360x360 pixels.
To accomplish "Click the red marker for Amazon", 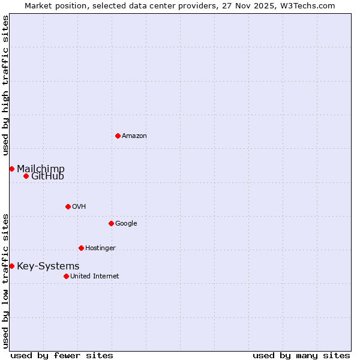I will pos(118,136).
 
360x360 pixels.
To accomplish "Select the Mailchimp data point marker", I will pos(11,169).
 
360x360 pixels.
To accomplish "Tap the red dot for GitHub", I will pos(26,176).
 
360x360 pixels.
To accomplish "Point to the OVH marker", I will pos(68,206).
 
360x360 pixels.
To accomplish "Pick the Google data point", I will pos(111,223).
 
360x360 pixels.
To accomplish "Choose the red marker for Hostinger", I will pos(81,248).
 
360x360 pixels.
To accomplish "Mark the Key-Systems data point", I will pos(11,266).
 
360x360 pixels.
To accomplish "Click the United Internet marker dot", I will pos(66,276).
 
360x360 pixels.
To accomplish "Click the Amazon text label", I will pos(134,136).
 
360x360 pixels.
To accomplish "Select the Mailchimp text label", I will pos(41,169).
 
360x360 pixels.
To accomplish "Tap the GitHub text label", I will pos(47,176).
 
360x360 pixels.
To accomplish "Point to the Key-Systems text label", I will pos(48,266).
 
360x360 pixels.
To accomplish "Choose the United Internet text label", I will pos(95,277).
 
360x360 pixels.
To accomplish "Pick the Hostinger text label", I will pos(100,248).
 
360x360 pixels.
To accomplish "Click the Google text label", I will pos(126,224).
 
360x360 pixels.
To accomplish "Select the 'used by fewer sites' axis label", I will pos(62,355).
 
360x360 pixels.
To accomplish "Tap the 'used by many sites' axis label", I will pos(301,355).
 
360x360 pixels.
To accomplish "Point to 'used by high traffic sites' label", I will pos(5,86).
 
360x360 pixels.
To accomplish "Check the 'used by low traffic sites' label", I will pos(5,280).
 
